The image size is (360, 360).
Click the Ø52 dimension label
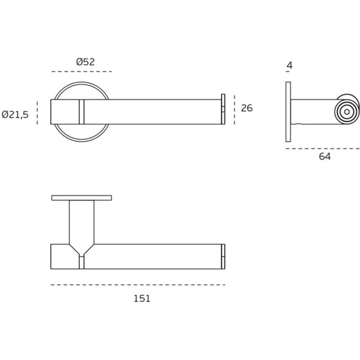(x=86, y=61)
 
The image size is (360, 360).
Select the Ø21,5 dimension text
(x=16, y=114)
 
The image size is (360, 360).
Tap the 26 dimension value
(x=247, y=109)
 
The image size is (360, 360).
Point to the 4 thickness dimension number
(x=289, y=65)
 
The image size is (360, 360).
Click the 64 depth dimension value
(x=325, y=157)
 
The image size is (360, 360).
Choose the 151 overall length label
(x=142, y=298)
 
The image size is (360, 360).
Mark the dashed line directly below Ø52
(x=82, y=72)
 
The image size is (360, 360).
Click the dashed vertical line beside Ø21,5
(x=38, y=113)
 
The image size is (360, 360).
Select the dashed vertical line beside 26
(x=235, y=109)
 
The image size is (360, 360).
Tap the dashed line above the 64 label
(x=322, y=148)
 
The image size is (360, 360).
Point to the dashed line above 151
(x=138, y=284)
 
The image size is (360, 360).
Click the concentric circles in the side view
(x=346, y=112)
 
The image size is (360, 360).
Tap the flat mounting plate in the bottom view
(x=82, y=197)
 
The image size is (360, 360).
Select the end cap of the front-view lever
(x=223, y=109)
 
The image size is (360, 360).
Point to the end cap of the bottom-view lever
(x=223, y=257)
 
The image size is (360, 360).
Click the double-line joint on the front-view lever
(x=82, y=112)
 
